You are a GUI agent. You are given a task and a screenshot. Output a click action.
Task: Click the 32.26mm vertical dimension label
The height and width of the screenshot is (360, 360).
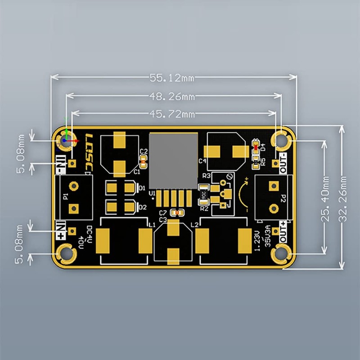point(344,197)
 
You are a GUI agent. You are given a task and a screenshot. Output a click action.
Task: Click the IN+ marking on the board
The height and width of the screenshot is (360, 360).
point(61,230)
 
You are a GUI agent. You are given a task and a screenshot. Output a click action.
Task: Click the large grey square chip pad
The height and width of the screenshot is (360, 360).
point(174,161)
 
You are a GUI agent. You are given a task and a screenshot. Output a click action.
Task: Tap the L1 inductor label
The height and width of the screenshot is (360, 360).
point(152,224)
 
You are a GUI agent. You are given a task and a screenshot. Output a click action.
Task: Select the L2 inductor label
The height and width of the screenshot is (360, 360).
point(194,224)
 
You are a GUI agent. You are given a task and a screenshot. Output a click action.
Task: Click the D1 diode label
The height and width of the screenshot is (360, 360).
point(143,188)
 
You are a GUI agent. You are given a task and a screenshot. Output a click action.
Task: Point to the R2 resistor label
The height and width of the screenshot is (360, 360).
point(204,208)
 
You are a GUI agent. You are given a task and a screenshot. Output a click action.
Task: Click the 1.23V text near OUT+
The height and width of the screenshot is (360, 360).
point(257,241)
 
